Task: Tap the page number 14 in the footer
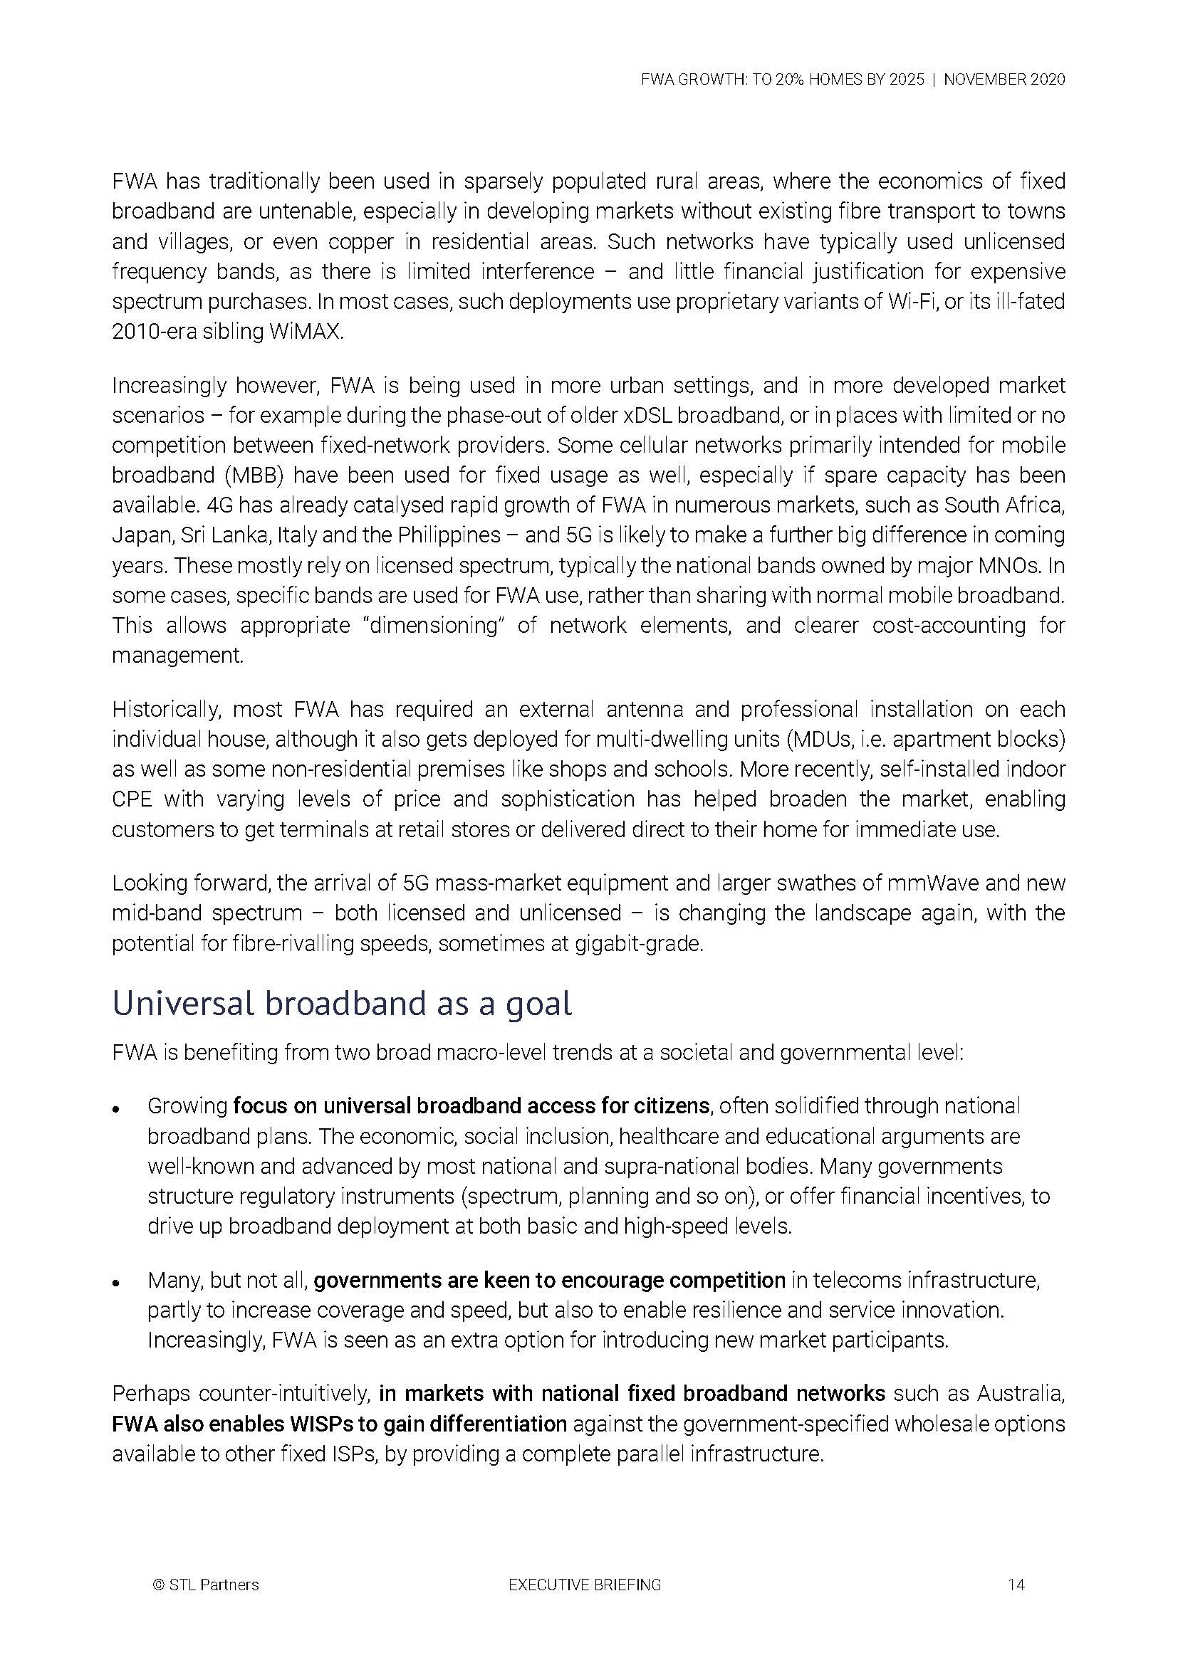[1016, 1585]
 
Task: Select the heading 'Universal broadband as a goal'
[342, 1004]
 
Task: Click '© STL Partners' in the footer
[206, 1585]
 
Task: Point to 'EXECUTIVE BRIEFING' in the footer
[585, 1585]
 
